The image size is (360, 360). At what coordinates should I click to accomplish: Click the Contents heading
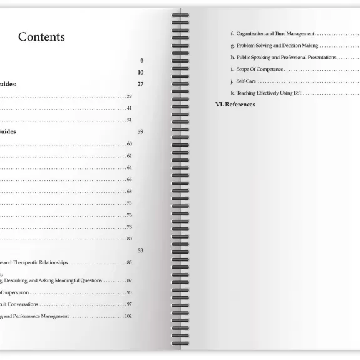[41, 37]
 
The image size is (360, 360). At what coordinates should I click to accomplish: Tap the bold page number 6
[142, 61]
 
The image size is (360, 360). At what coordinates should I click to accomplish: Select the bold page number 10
[141, 72]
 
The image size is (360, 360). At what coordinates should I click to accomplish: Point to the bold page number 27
[141, 84]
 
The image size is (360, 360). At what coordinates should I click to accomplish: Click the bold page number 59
[141, 132]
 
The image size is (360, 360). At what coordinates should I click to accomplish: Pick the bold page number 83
[141, 250]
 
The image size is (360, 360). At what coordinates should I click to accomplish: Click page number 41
[129, 108]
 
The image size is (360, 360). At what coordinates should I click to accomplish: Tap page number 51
[129, 120]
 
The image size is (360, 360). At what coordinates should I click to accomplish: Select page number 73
[129, 203]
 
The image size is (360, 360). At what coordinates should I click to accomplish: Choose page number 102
[128, 317]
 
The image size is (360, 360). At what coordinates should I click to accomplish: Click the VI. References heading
[235, 105]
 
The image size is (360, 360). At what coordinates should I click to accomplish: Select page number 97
[129, 305]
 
